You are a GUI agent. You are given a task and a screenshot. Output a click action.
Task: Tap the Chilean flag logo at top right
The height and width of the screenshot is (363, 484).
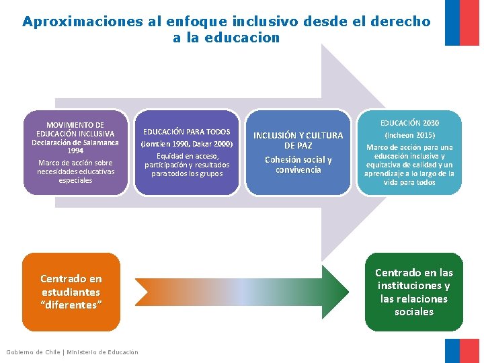[x=462, y=23]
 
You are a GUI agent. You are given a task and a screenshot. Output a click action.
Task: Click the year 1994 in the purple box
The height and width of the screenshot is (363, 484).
[x=75, y=151]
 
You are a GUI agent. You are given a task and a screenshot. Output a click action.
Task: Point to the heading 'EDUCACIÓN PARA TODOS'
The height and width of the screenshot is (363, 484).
[x=187, y=132]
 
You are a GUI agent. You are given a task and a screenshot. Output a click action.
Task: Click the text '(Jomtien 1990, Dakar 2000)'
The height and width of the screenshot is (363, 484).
[x=187, y=144]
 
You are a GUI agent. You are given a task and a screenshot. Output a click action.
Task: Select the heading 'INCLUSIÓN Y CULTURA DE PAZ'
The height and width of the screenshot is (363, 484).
[x=298, y=140]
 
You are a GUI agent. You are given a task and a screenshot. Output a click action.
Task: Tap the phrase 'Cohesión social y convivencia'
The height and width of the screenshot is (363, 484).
[x=298, y=165]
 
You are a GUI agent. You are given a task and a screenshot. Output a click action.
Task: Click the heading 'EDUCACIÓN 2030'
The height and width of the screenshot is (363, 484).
[x=409, y=123]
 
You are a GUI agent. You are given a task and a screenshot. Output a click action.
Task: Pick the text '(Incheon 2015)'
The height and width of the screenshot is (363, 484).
[x=409, y=135]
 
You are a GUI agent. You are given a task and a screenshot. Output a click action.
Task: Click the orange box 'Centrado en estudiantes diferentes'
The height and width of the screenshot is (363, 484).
[x=71, y=292]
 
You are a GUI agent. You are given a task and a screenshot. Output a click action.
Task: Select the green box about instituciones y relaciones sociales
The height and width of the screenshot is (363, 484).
[x=414, y=292]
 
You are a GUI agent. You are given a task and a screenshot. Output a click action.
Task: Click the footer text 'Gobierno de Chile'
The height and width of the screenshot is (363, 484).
[x=33, y=352]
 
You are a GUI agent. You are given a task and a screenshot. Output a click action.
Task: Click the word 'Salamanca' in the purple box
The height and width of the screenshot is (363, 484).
[x=97, y=143]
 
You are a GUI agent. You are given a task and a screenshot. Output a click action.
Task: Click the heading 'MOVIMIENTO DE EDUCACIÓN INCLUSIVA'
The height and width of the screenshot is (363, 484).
[x=75, y=129]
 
